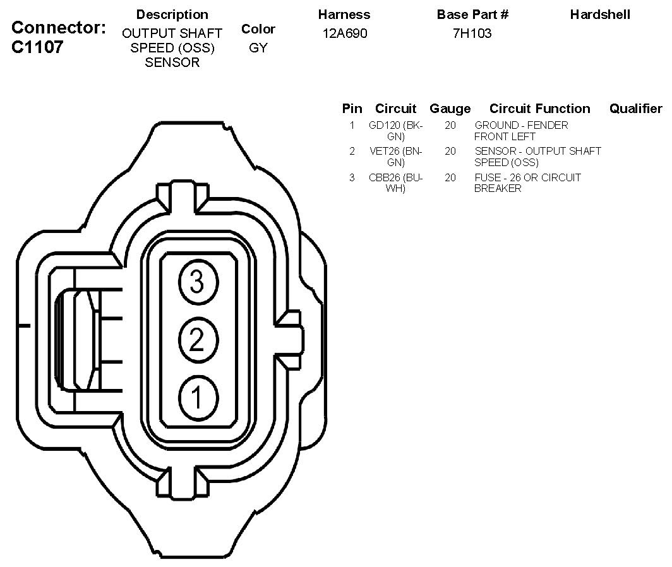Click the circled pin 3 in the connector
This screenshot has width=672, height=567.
(196, 282)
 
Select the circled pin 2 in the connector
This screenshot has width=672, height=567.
(196, 340)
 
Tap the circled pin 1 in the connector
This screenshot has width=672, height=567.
(196, 398)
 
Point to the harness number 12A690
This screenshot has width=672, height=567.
(344, 33)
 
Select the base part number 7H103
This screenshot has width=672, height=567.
(472, 33)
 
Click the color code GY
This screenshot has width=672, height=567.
(258, 48)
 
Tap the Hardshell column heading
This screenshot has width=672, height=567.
(600, 14)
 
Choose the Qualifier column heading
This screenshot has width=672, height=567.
(635, 109)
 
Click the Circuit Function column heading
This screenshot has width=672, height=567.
(539, 109)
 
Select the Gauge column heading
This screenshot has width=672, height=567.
(450, 109)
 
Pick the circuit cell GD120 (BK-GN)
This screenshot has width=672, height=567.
(396, 131)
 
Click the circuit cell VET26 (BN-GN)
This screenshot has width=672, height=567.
(396, 157)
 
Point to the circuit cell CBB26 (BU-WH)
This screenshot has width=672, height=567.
(396, 183)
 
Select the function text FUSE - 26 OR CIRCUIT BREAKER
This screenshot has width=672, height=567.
(527, 183)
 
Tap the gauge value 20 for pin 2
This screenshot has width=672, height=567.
(450, 152)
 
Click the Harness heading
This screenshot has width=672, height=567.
(344, 14)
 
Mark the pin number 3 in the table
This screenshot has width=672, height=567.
(352, 178)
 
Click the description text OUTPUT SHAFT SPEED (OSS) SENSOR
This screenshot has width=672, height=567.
(172, 48)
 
